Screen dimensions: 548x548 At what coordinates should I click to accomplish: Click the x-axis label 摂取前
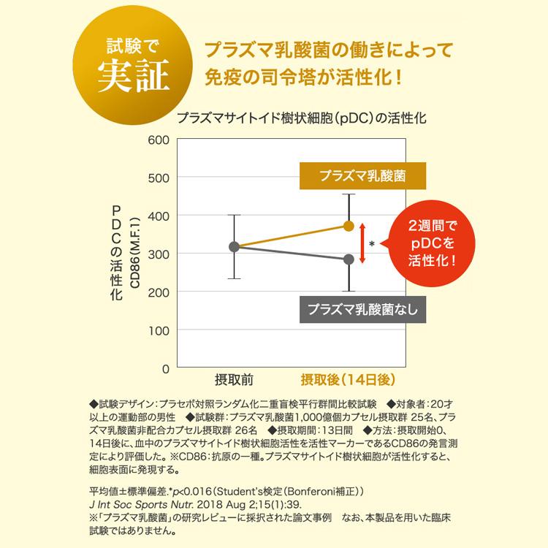tap(234, 380)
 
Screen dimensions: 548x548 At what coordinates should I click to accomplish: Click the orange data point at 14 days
tap(349, 226)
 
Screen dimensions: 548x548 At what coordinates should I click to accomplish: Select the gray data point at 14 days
tap(349, 259)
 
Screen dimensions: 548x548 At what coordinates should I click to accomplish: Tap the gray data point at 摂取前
tap(234, 247)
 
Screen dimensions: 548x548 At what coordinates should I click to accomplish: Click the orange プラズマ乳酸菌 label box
tap(363, 176)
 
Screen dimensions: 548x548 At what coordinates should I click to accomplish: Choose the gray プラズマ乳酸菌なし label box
tap(363, 310)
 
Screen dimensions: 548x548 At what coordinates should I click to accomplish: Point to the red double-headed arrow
tap(362, 243)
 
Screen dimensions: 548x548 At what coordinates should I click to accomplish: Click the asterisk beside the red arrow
tap(372, 244)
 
